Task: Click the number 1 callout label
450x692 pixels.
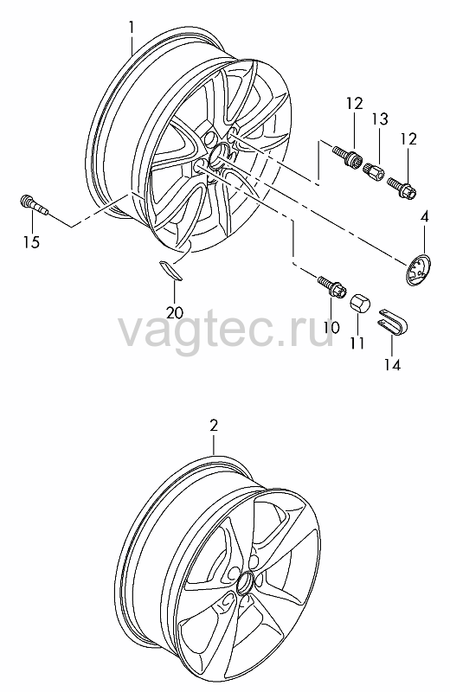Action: coord(132,28)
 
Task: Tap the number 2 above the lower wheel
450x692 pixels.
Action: coord(214,426)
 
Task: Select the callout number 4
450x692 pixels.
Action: coord(424,217)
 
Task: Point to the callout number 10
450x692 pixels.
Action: coord(331,327)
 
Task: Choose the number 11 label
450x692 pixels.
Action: coord(357,343)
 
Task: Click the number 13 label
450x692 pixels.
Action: coord(379,119)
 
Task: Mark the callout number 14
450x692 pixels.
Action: coord(392,364)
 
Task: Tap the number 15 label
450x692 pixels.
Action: coord(32,242)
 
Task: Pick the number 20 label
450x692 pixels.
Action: coord(175,312)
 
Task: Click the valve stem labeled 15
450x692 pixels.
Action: coord(34,206)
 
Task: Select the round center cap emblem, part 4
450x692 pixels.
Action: coord(419,271)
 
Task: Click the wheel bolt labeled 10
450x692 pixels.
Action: coord(332,286)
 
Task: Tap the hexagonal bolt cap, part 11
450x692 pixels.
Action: coord(360,304)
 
